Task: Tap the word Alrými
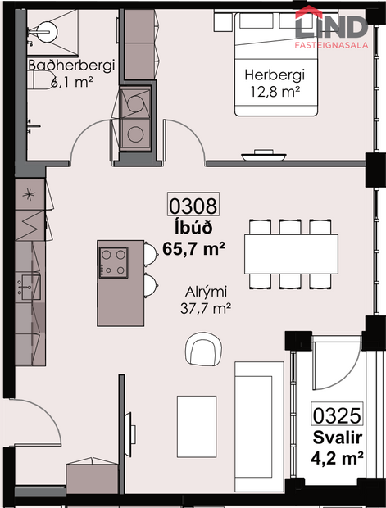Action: [204, 292]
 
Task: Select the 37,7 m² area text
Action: [204, 308]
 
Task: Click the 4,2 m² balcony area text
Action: [338, 458]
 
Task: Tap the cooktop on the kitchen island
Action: [113, 261]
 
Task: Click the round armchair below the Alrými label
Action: [203, 350]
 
